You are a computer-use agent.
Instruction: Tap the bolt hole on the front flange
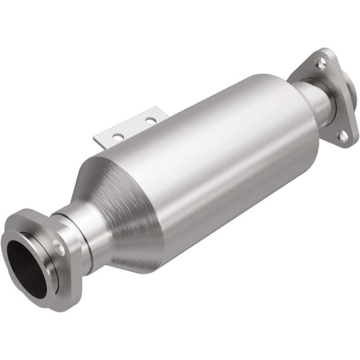click(58, 246)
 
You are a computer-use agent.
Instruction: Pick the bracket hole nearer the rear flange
click(150, 120)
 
